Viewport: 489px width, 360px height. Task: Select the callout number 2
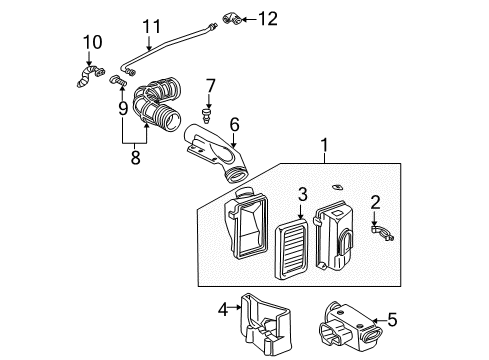click(376, 203)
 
